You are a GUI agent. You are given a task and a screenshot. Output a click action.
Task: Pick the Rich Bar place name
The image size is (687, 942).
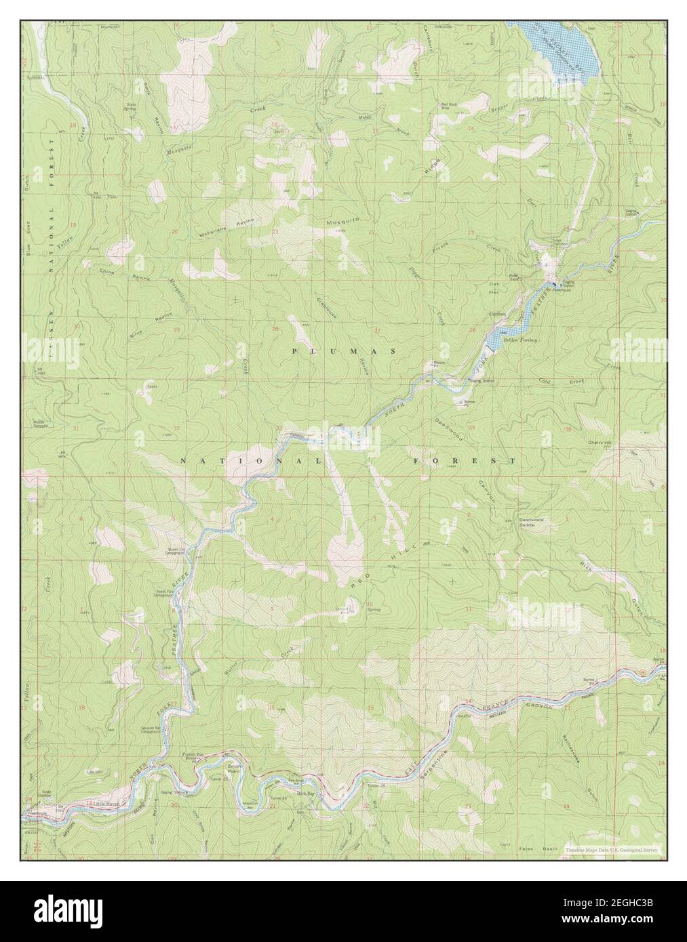pyautogui.click(x=306, y=792)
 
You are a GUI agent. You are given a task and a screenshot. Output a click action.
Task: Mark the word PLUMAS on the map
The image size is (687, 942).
pyautogui.click(x=344, y=351)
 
